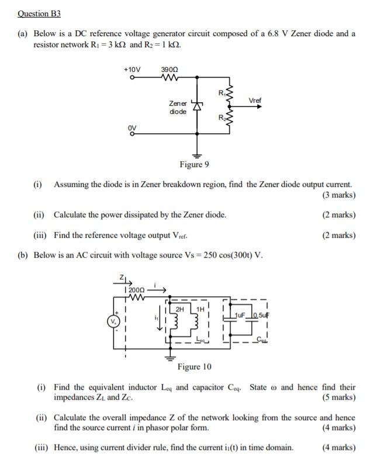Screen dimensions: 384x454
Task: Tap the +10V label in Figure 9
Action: [133, 70]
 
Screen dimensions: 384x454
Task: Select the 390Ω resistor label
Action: [169, 70]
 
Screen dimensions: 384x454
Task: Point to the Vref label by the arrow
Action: [255, 100]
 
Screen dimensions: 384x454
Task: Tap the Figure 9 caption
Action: [195, 164]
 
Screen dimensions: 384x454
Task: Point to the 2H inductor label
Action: [179, 309]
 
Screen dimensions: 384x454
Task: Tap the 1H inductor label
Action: [200, 309]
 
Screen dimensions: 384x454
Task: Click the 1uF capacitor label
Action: [239, 315]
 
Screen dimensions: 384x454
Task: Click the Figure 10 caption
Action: [195, 367]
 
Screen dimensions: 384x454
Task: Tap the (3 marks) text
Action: [338, 195]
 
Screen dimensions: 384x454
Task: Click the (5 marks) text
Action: [338, 398]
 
